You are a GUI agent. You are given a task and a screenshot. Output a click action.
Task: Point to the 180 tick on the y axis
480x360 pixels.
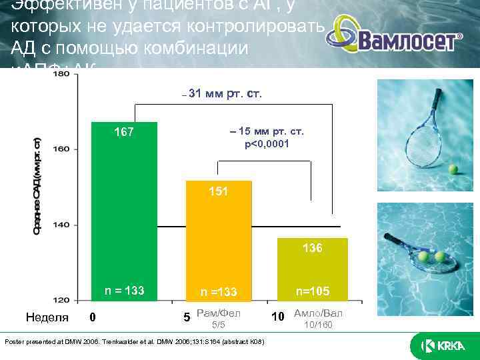tap(61, 75)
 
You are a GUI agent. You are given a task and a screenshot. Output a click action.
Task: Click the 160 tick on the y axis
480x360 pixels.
tap(61, 149)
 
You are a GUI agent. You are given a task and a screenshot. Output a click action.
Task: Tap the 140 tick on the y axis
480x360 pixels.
tap(61, 225)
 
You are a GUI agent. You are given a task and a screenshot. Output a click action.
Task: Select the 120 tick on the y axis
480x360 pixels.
tap(61, 299)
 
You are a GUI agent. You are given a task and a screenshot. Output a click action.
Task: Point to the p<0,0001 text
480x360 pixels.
tap(266, 144)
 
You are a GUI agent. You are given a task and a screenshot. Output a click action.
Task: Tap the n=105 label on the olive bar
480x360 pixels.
tap(313, 290)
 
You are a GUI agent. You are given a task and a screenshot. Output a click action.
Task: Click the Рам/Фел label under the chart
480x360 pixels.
tap(218, 313)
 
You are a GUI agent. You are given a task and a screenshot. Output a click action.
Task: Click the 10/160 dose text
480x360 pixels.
tap(317, 325)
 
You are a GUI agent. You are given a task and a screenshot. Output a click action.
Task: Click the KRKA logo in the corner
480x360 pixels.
tap(437, 345)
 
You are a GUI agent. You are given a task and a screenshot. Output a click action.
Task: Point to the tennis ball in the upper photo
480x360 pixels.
tap(455, 171)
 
